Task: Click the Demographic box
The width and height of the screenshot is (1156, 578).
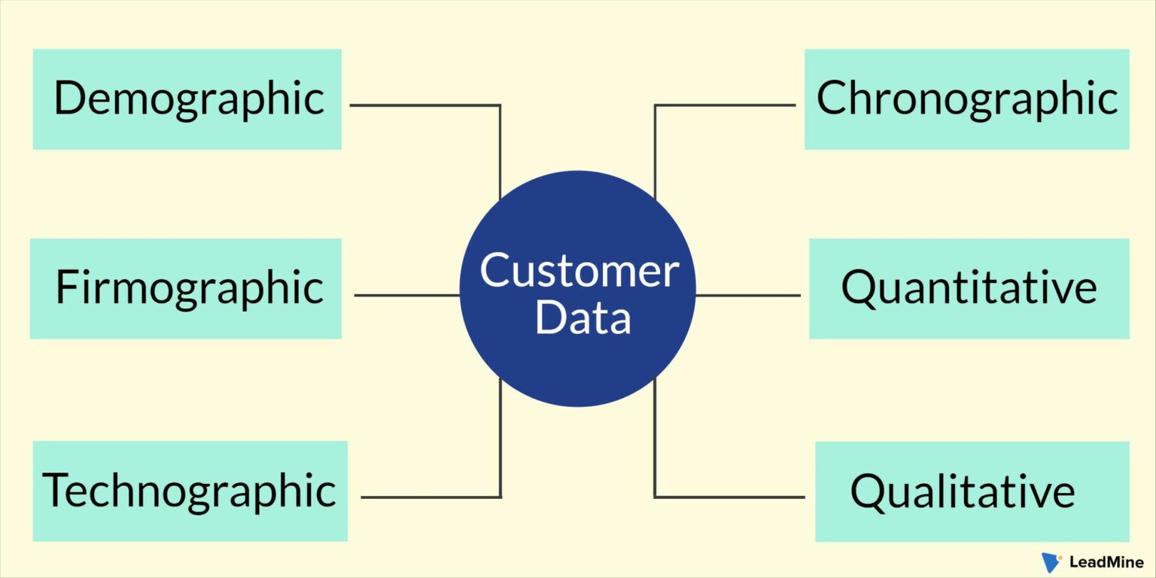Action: pyautogui.click(x=187, y=99)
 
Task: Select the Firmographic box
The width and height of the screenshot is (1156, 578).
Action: pyautogui.click(x=186, y=288)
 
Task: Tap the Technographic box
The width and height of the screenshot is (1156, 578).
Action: pyautogui.click(x=190, y=491)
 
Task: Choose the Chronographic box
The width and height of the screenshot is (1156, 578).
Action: pyautogui.click(x=966, y=99)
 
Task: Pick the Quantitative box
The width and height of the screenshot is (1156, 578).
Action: pyautogui.click(x=969, y=288)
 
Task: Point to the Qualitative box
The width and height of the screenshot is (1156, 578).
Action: pyautogui.click(x=972, y=491)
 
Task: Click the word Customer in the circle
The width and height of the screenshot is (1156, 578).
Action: pyautogui.click(x=579, y=271)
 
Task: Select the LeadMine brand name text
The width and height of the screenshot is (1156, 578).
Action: pyautogui.click(x=1106, y=562)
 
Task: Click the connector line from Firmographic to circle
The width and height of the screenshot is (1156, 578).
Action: pyautogui.click(x=406, y=295)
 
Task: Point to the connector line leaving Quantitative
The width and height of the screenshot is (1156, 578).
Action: pyautogui.click(x=749, y=295)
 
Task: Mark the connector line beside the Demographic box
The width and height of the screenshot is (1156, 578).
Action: pyautogui.click(x=425, y=105)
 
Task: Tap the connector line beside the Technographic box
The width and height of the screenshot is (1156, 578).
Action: pyautogui.click(x=430, y=497)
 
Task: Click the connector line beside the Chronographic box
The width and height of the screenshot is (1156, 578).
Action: pyautogui.click(x=724, y=105)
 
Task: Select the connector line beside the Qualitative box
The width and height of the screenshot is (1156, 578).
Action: pyautogui.click(x=729, y=497)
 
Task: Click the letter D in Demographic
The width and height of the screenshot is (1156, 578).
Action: pyautogui.click(x=69, y=99)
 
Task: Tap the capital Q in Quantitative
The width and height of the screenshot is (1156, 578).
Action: pyautogui.click(x=859, y=288)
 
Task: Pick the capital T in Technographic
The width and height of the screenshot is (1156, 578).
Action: pyautogui.click(x=56, y=490)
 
